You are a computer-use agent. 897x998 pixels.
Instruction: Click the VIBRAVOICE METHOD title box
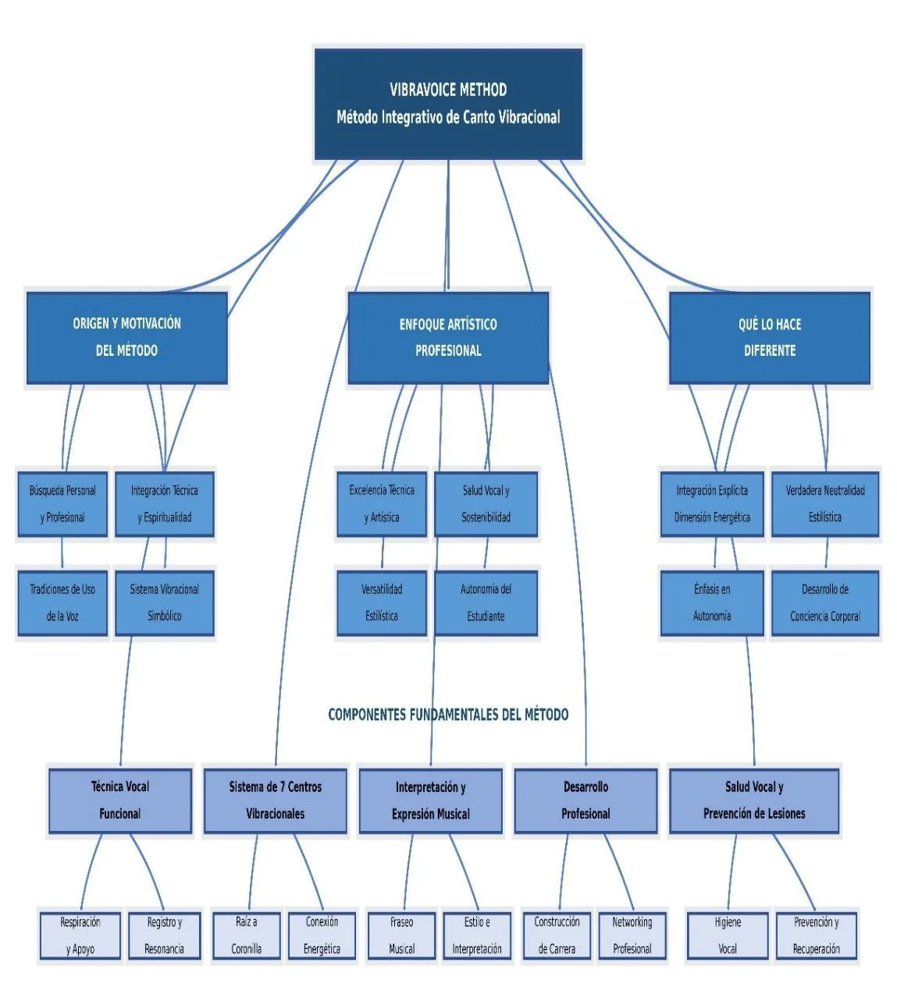448,104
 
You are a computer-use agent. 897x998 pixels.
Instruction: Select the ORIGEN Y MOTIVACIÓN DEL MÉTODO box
126,337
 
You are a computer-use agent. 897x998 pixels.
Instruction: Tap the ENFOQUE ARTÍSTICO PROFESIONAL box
448,337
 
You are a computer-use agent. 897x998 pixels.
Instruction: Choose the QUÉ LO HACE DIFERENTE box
769,337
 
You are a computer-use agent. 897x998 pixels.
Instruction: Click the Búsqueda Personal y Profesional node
62,504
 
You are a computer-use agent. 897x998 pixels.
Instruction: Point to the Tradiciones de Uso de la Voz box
62,603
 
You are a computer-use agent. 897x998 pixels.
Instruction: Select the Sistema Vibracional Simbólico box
165,603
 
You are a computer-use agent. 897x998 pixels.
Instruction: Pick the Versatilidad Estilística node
382,603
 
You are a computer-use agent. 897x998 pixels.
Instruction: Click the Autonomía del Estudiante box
486,603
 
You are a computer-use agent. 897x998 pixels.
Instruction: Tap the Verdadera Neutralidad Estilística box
825,504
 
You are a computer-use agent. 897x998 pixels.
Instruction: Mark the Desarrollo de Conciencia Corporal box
825,603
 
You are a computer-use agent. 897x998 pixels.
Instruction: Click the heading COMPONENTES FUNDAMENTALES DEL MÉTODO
448,714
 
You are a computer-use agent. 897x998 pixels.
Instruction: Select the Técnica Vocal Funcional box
120,801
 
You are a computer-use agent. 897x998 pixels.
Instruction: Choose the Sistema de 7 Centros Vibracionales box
275,801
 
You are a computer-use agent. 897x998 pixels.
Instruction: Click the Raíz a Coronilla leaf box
247,936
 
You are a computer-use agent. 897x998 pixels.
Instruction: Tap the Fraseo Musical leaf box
402,936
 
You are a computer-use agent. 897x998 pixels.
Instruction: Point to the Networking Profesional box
632,936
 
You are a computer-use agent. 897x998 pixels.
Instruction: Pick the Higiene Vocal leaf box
728,936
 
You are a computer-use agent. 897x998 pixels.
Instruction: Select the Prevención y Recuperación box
816,936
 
